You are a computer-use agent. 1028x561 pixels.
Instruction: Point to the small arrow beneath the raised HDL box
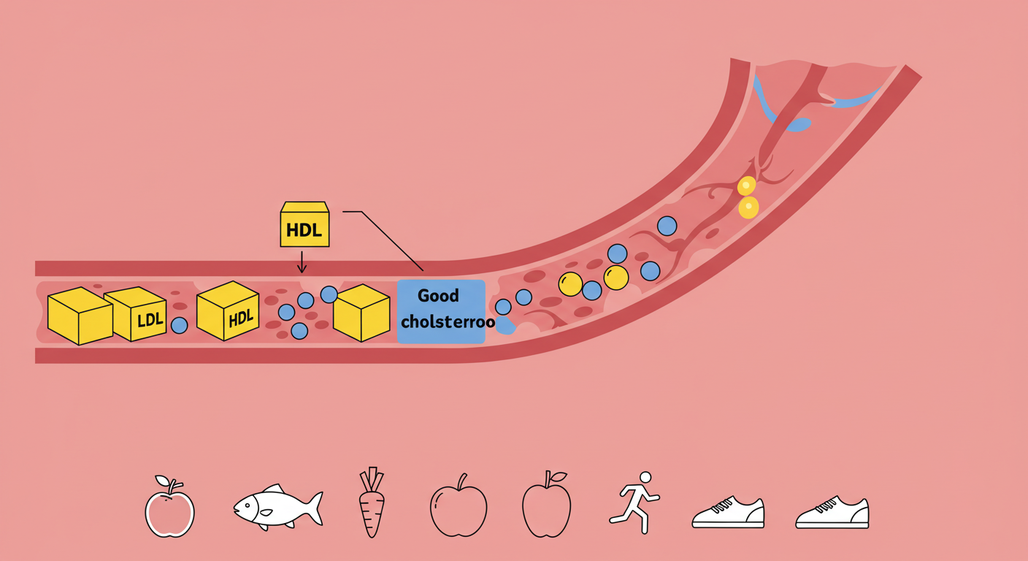[302, 262]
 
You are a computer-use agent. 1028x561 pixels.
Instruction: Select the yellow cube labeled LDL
[137, 314]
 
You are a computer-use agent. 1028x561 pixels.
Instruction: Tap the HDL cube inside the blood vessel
[228, 311]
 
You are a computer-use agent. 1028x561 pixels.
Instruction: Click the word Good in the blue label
[438, 296]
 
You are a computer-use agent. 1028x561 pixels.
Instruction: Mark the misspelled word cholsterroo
[448, 322]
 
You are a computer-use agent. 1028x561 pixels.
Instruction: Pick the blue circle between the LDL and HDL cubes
[179, 325]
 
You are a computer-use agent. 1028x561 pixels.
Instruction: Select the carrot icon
[372, 503]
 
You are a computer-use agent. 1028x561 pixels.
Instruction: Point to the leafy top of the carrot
[372, 478]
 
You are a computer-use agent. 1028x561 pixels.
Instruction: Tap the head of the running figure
[645, 477]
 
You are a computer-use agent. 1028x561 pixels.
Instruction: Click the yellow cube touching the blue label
[361, 313]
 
